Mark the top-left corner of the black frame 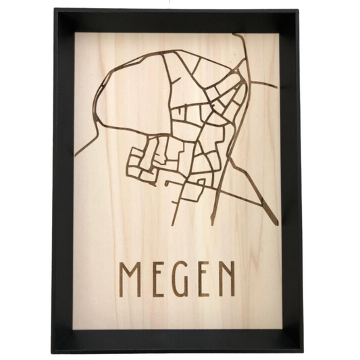pos(61,12)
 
